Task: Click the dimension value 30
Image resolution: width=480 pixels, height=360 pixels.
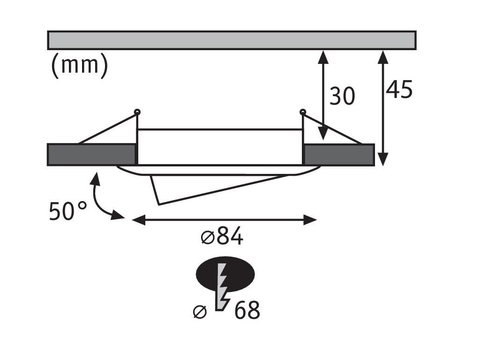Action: click(x=342, y=96)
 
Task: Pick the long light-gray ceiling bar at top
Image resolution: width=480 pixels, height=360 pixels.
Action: click(x=232, y=40)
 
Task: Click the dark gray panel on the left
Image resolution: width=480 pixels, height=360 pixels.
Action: click(x=91, y=155)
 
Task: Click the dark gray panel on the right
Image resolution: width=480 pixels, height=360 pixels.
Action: click(x=339, y=155)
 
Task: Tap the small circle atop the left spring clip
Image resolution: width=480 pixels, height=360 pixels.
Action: click(x=137, y=112)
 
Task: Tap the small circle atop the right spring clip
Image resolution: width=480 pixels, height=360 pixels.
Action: click(x=302, y=112)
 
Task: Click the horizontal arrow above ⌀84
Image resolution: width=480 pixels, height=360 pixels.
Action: click(x=225, y=219)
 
